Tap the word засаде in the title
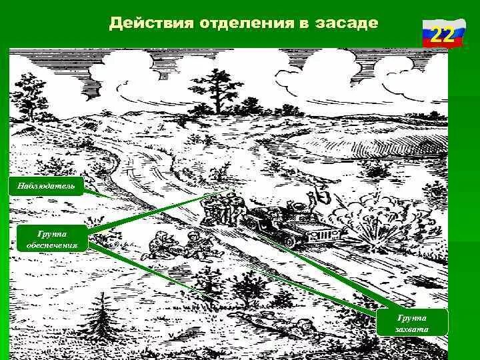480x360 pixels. pyautogui.click(x=345, y=23)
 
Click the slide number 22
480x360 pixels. pyautogui.click(x=440, y=34)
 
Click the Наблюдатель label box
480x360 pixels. pyautogui.click(x=47, y=186)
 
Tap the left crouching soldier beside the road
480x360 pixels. pyautogui.click(x=157, y=246)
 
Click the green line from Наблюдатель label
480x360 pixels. pyautogui.click(x=100, y=194)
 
